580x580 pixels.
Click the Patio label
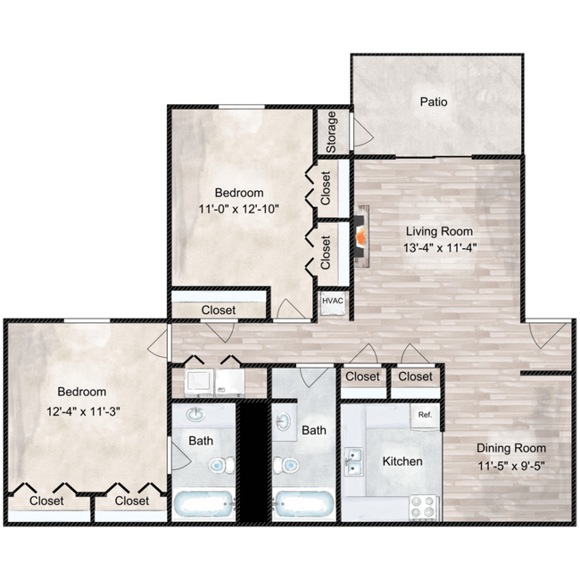[x=434, y=102]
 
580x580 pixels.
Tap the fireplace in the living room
[x=361, y=236]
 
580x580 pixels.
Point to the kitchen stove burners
[x=423, y=507]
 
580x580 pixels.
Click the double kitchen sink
[x=353, y=461]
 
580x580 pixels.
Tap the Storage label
[x=331, y=132]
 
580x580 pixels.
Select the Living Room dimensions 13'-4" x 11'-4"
[x=439, y=247]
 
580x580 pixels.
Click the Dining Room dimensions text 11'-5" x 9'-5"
[x=511, y=466]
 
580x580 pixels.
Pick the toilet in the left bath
[x=221, y=465]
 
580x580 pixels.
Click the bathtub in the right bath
[x=303, y=504]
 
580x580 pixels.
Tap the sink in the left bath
[x=195, y=415]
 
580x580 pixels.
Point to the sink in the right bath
[x=284, y=422]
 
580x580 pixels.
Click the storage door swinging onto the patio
[x=363, y=132]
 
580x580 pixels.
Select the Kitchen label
[x=402, y=461]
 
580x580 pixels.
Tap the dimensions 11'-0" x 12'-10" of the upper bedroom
[x=238, y=209]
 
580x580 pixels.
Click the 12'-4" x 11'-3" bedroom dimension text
[x=83, y=411]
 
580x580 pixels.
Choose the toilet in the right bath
[x=286, y=465]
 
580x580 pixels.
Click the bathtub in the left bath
[x=203, y=504]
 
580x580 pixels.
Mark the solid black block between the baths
[x=254, y=461]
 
